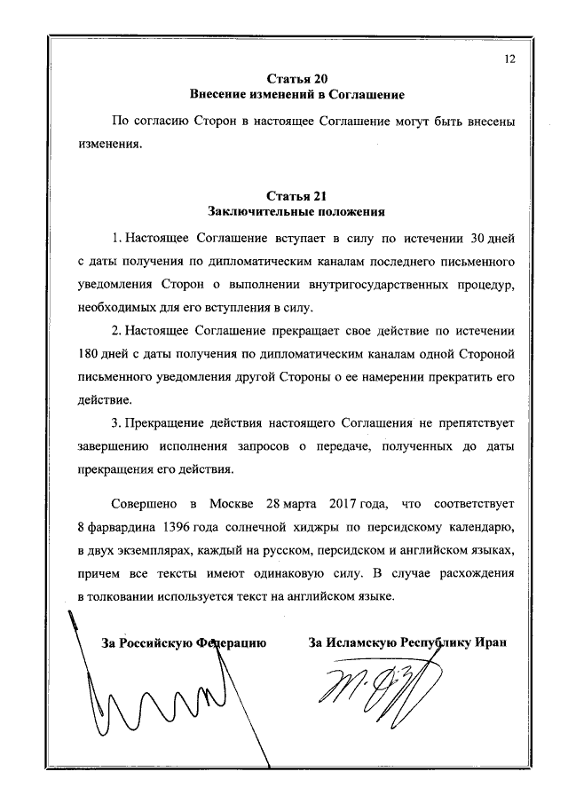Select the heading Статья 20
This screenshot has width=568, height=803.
click(x=296, y=78)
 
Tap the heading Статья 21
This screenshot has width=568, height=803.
click(x=296, y=195)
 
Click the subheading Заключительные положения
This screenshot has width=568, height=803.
click(x=296, y=211)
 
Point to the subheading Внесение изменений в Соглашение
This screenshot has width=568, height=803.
click(x=296, y=94)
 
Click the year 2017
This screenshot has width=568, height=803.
click(x=345, y=505)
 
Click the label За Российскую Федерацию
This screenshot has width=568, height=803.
click(x=184, y=642)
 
